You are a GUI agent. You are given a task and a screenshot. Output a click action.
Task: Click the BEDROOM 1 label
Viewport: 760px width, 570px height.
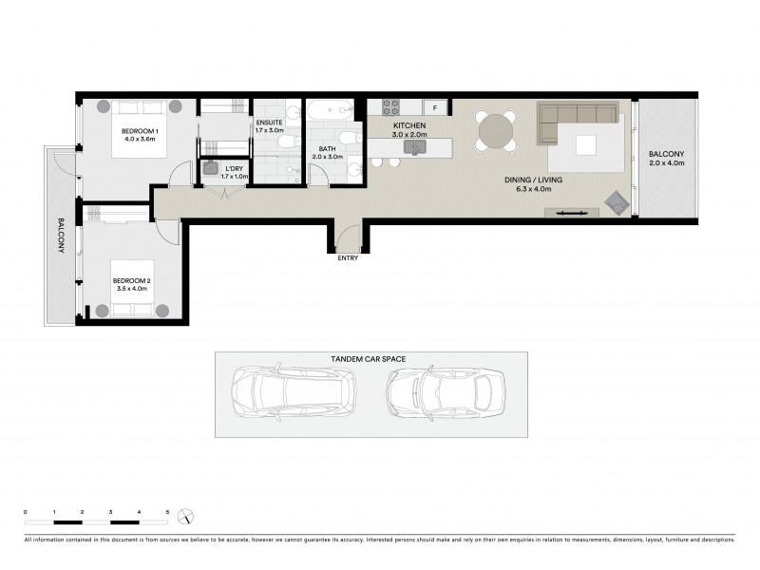pos(139,131)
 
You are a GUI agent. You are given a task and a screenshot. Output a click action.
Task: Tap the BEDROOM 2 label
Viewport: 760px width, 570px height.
pos(130,280)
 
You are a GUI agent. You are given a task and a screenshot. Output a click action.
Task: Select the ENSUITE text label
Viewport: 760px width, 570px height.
pos(270,123)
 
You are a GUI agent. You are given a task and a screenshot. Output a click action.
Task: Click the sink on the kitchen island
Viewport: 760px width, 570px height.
pos(415,146)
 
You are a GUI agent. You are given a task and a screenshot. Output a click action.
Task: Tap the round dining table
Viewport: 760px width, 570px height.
pos(496,130)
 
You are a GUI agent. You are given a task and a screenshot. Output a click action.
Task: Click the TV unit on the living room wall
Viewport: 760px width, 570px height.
pos(571,212)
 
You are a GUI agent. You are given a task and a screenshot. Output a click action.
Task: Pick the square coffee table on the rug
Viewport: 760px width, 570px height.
pos(584,144)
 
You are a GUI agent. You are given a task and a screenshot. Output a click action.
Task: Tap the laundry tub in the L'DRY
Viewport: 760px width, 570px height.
pos(210,167)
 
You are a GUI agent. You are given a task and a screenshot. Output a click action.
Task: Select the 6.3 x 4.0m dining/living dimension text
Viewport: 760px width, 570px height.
pos(531,189)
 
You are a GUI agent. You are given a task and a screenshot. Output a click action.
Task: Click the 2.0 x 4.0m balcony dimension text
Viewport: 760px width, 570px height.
pos(666,163)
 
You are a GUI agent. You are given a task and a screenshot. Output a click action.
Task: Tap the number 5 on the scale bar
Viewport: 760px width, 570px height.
pos(167,512)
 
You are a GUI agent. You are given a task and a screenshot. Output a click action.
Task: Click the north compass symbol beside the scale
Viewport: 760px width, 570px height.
pos(188,517)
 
